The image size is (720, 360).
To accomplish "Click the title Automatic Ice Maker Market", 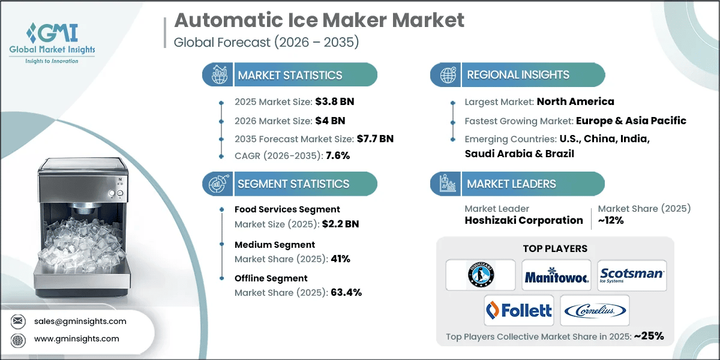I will click(319, 20).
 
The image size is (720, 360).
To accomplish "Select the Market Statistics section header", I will click(290, 75).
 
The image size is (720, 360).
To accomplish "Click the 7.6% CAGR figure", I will click(337, 155).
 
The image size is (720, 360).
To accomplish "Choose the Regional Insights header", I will click(518, 75).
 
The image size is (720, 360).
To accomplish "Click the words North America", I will click(575, 101).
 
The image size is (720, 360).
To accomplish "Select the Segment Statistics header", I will click(293, 184).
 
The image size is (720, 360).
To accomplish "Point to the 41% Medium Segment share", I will click(338, 259).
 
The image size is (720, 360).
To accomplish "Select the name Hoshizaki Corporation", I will click(524, 220).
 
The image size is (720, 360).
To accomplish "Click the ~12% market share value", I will click(610, 220).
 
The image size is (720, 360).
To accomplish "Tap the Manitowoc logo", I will click(556, 276).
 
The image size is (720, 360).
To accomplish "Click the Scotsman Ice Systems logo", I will click(632, 275).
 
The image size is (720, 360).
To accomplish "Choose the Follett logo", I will click(519, 310).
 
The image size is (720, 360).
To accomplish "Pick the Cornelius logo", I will click(595, 310).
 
